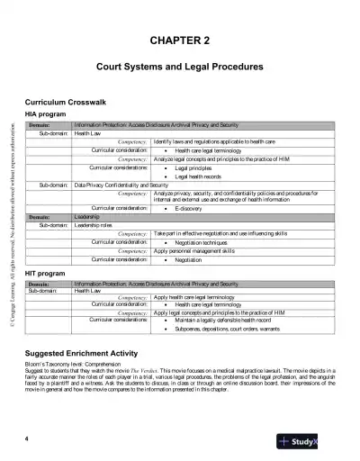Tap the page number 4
tap(28, 438)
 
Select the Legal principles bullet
tap(193, 168)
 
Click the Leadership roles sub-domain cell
tap(94, 224)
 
